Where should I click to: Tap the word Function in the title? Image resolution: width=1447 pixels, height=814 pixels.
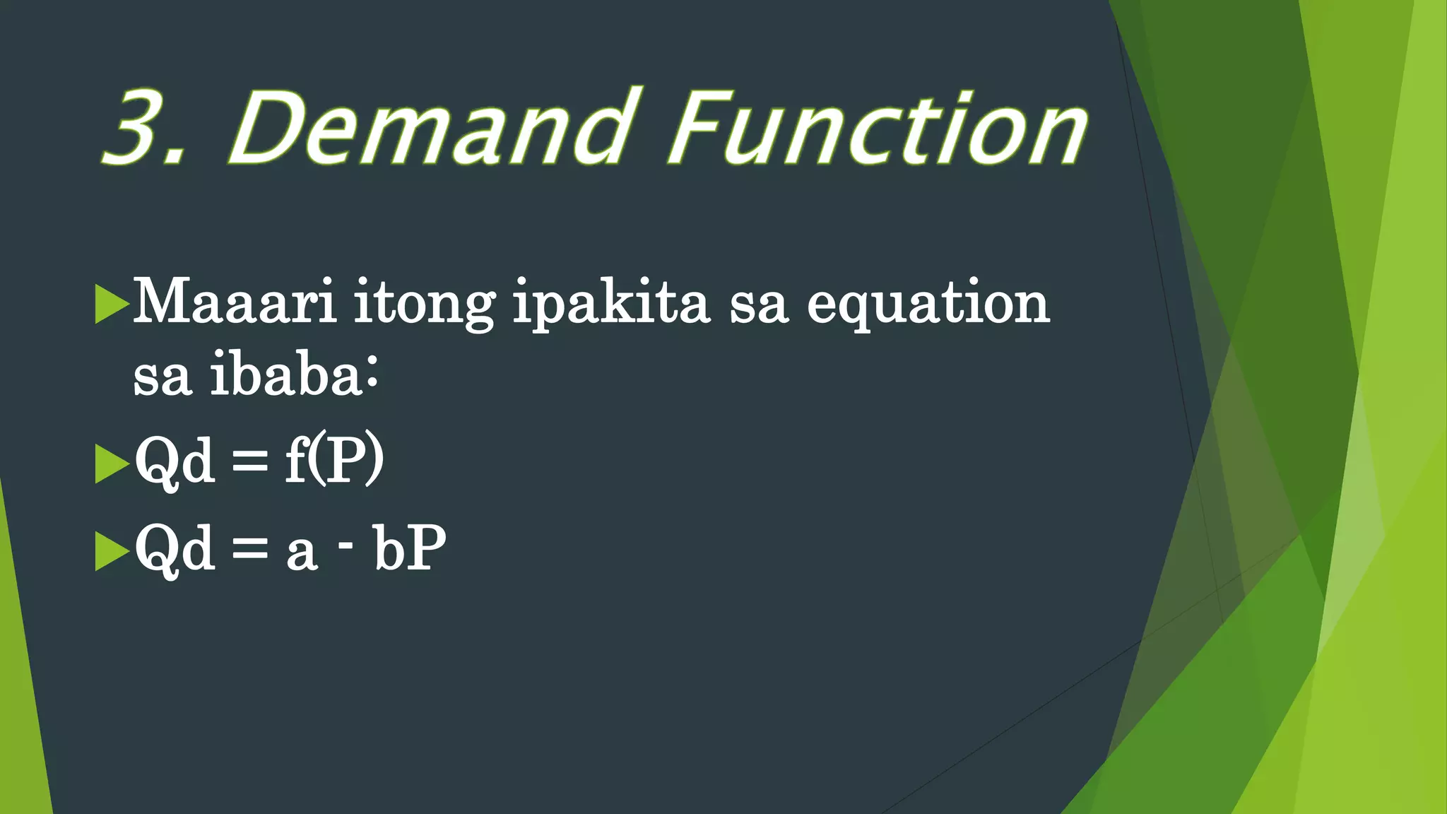pyautogui.click(x=876, y=129)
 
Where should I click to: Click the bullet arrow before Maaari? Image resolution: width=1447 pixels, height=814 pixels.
pyautogui.click(x=111, y=304)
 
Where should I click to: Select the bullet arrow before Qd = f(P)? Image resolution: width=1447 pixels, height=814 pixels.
pyautogui.click(x=111, y=464)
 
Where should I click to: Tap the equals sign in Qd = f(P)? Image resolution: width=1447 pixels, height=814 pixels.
pyautogui.click(x=250, y=464)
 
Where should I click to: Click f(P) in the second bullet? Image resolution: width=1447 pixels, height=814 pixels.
pyautogui.click(x=334, y=461)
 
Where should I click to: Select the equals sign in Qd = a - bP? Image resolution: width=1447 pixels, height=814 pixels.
pyautogui.click(x=250, y=550)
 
